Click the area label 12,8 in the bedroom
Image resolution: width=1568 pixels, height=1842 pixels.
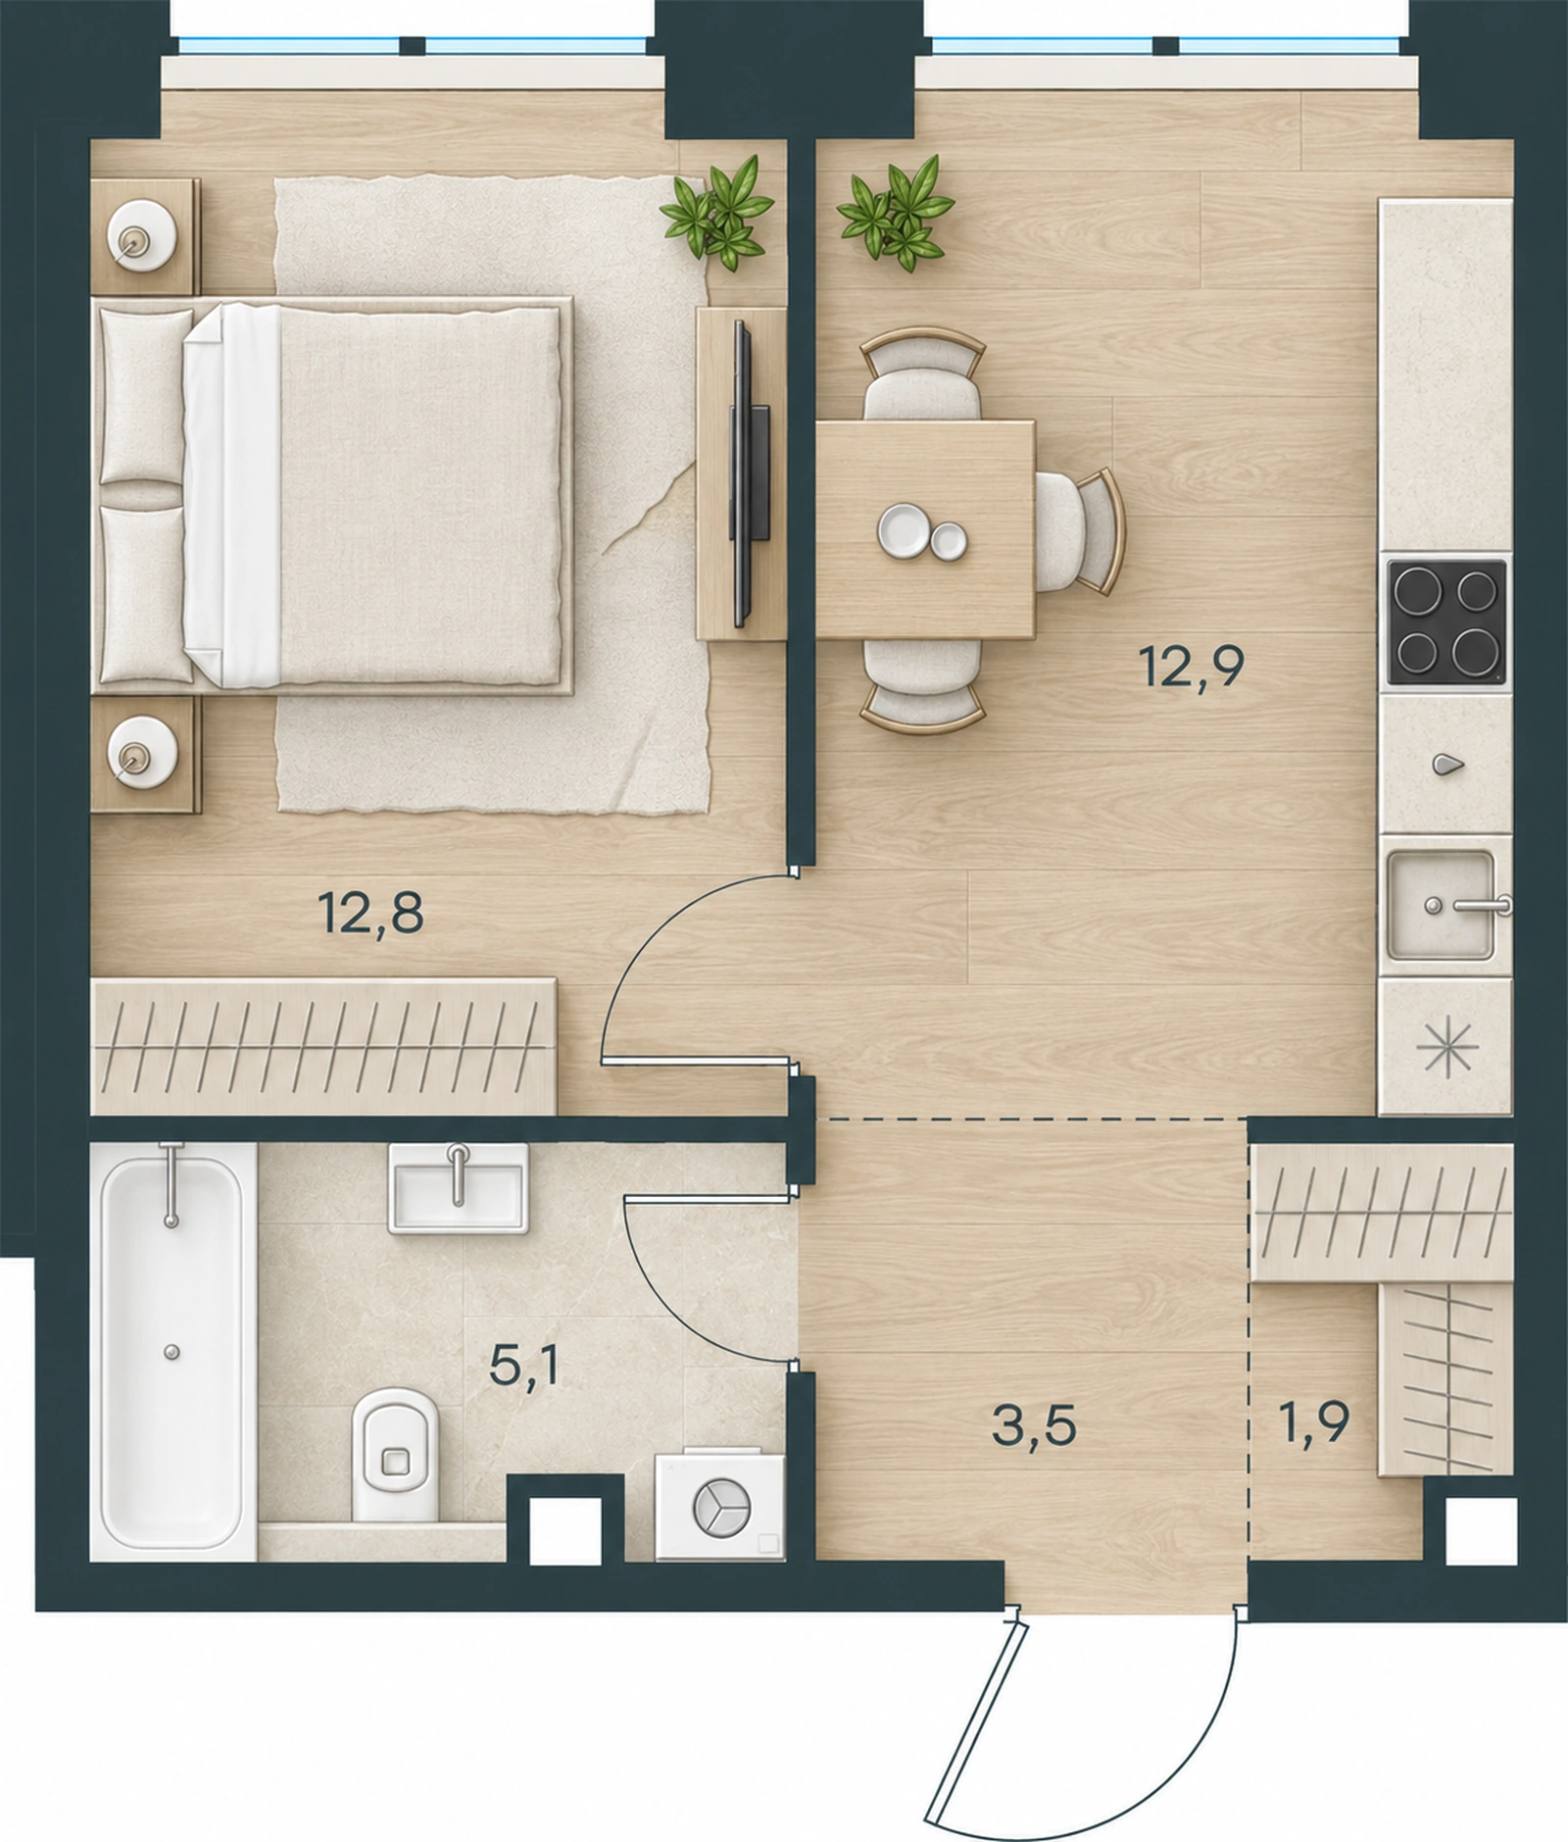[370, 913]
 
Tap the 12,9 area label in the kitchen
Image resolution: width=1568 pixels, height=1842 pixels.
[1192, 667]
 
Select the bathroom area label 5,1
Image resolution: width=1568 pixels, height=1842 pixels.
[524, 1366]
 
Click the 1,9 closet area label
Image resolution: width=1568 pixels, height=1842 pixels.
[1313, 1422]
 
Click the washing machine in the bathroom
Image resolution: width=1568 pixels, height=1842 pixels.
[720, 1506]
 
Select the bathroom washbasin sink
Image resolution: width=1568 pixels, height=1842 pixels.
[458, 1187]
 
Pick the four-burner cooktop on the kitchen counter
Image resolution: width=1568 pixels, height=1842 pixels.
[1446, 622]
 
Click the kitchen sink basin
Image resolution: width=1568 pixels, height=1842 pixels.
[1441, 905]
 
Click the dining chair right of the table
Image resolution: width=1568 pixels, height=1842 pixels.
[1080, 532]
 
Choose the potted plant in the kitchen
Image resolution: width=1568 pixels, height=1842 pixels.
[895, 212]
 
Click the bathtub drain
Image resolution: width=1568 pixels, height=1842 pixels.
[172, 1352]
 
